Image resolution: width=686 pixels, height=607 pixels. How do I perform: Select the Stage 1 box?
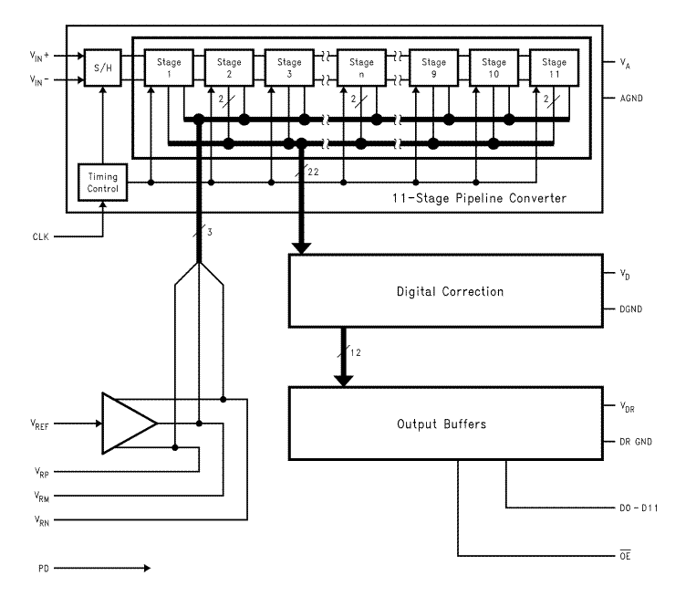click(x=169, y=68)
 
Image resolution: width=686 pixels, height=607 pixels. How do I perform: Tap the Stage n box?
click(x=361, y=68)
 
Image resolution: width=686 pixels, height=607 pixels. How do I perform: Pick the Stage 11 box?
click(x=554, y=68)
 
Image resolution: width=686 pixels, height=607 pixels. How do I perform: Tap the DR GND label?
click(x=638, y=442)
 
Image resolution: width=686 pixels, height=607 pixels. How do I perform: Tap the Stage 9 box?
click(x=432, y=68)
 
